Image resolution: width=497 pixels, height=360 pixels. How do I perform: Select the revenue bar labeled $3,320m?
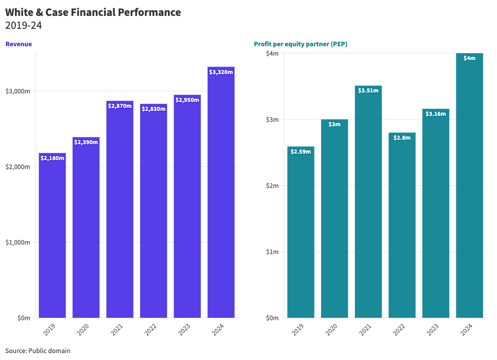[x=221, y=194]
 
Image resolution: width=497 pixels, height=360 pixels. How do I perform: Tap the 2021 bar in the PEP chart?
[x=368, y=204]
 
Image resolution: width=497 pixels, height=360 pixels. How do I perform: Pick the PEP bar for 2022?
[x=402, y=226]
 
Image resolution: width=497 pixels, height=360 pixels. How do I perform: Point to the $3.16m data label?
[x=436, y=114]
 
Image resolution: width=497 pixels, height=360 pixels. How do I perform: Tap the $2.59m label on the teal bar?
[x=301, y=151]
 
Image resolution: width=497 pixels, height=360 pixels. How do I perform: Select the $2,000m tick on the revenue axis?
[x=18, y=167]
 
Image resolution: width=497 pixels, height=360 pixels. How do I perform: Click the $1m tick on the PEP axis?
[x=272, y=252]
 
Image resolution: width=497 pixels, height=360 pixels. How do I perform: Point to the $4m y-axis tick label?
[x=272, y=53]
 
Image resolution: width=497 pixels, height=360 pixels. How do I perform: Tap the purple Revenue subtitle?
[x=18, y=44]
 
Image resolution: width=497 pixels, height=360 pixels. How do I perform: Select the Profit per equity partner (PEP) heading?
[x=300, y=44]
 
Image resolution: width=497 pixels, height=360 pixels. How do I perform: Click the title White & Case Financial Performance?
[x=93, y=12]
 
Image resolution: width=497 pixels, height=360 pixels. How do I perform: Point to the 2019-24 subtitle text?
[x=23, y=25]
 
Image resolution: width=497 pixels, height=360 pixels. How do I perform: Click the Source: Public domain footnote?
[x=38, y=351]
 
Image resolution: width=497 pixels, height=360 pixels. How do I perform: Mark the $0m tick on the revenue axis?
[x=23, y=318]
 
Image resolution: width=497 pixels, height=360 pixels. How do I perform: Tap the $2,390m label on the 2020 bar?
[x=86, y=142]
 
